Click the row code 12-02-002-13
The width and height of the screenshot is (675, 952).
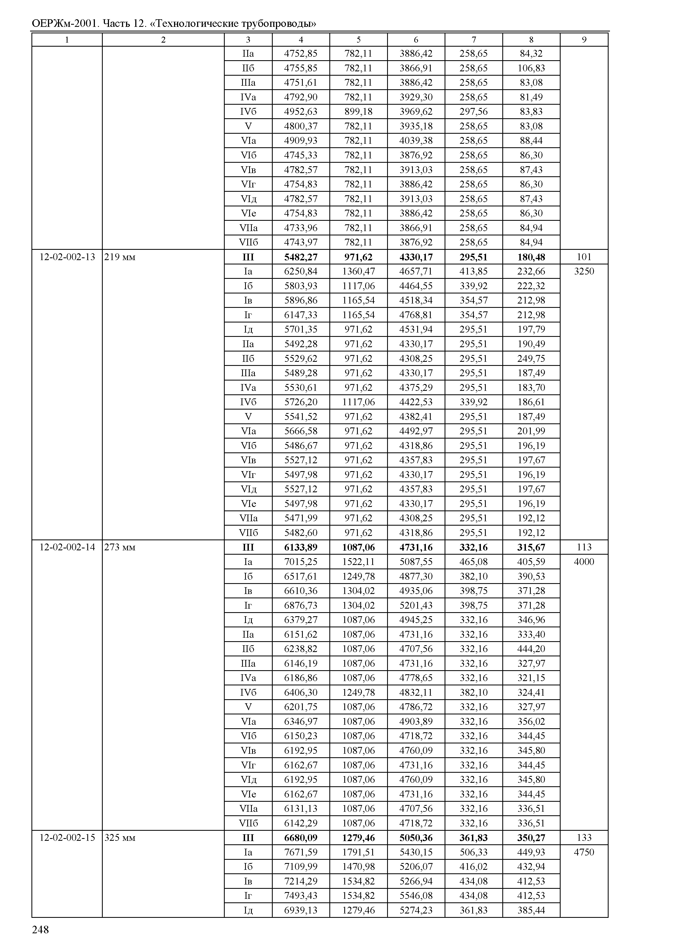tap(67, 257)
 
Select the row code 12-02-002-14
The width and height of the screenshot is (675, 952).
tap(67, 547)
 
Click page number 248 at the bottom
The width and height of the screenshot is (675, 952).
tap(40, 929)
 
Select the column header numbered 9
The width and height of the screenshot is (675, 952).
tap(584, 40)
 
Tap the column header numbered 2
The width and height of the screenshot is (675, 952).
tap(163, 40)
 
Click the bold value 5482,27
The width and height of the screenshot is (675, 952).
tap(301, 257)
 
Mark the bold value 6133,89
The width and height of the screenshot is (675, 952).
tap(301, 547)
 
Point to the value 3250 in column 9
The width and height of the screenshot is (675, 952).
tap(584, 271)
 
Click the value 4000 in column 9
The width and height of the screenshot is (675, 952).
tap(584, 562)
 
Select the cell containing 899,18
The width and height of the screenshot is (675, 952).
tap(358, 111)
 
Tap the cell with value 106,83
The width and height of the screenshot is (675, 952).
tap(531, 68)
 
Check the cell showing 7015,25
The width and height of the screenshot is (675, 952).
tap(301, 562)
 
